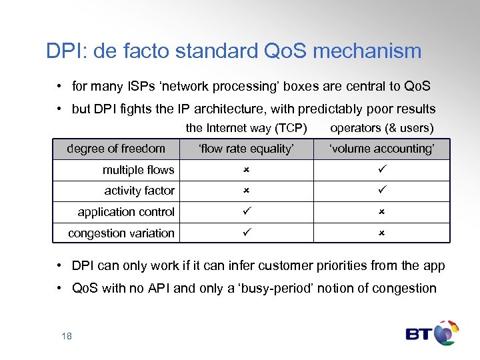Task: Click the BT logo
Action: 432,333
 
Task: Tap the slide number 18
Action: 67,336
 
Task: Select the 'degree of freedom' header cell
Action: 116,149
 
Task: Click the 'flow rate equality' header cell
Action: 246,149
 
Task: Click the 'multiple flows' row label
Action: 138,170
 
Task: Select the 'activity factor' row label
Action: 139,191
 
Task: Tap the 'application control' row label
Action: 126,212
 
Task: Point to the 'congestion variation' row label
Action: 121,233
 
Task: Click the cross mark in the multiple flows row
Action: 245,170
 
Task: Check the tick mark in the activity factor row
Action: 382,191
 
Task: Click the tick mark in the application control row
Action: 245,212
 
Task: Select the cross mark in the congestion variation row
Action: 382,233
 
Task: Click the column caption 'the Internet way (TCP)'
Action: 246,128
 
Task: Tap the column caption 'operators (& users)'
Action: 382,128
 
